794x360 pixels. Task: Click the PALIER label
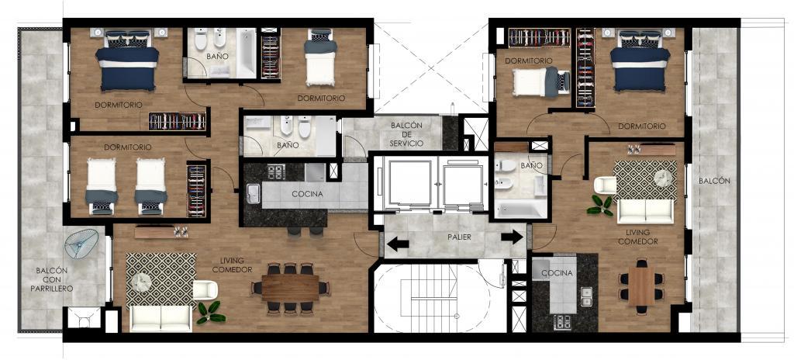pos(459,237)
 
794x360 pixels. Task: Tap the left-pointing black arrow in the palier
pos(398,244)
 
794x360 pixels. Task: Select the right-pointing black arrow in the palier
pos(512,237)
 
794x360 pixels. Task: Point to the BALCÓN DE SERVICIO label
pos(406,134)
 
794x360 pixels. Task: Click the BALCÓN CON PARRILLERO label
pos(54,279)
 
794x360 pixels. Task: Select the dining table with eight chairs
pos(290,288)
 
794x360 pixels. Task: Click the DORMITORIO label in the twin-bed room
pos(128,147)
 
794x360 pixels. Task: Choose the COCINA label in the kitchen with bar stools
pos(307,194)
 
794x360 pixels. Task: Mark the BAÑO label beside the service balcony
pos(288,145)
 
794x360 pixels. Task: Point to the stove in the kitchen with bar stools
pos(277,172)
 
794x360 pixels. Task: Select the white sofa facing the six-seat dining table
pos(645,212)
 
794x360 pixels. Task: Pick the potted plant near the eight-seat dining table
pos(210,313)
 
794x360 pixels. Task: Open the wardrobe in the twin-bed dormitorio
pos(196,190)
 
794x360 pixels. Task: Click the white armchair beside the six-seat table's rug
pos(605,185)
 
